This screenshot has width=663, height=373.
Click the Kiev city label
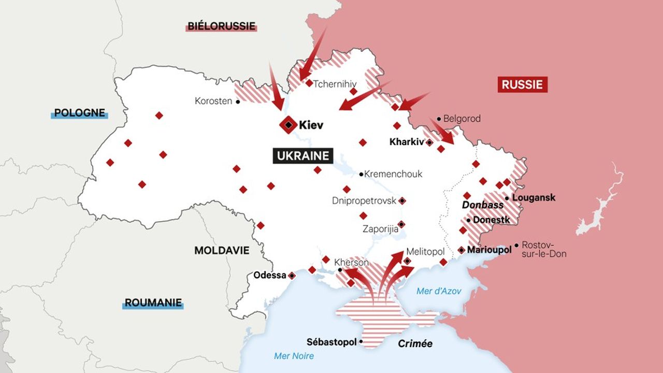coord(311,125)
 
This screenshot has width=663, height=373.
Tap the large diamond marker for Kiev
coord(287,125)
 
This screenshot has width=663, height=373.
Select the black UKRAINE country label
coord(302,155)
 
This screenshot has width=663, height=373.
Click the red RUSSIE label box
coord(522,84)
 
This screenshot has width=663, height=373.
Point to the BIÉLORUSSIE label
coord(222,26)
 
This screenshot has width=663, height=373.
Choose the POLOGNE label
coord(79,113)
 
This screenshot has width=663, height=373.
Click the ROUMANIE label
coord(153,303)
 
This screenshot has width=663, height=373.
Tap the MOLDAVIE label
coord(222,251)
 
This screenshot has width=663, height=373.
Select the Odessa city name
coord(269,275)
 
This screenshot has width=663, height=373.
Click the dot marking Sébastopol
coord(361,342)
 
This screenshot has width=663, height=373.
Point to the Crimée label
coord(415,343)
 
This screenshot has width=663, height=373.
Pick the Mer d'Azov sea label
coord(439,291)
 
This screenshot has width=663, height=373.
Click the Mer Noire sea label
coord(294,356)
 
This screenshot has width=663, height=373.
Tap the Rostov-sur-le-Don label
coord(544,249)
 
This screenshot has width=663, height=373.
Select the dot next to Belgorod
coord(439,119)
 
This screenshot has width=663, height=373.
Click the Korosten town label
coord(213,101)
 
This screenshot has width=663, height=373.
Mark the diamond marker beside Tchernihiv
coord(309,83)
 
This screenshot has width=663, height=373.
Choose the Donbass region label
coord(483,205)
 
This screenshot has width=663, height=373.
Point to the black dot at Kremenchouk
coord(361,174)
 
